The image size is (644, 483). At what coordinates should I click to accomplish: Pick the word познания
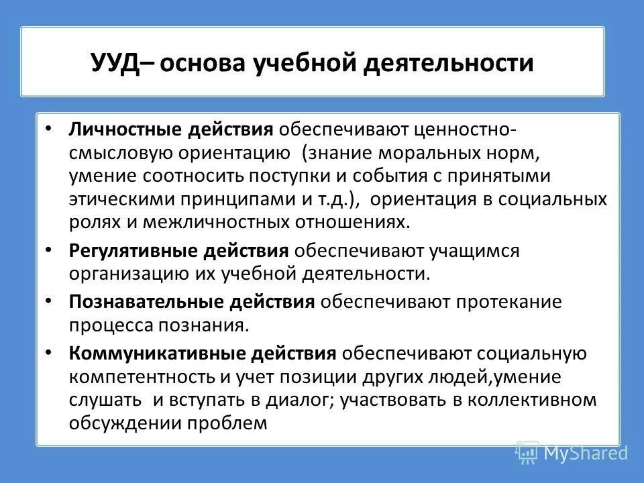coord(208,325)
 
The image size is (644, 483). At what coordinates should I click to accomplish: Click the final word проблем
coord(229,423)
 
